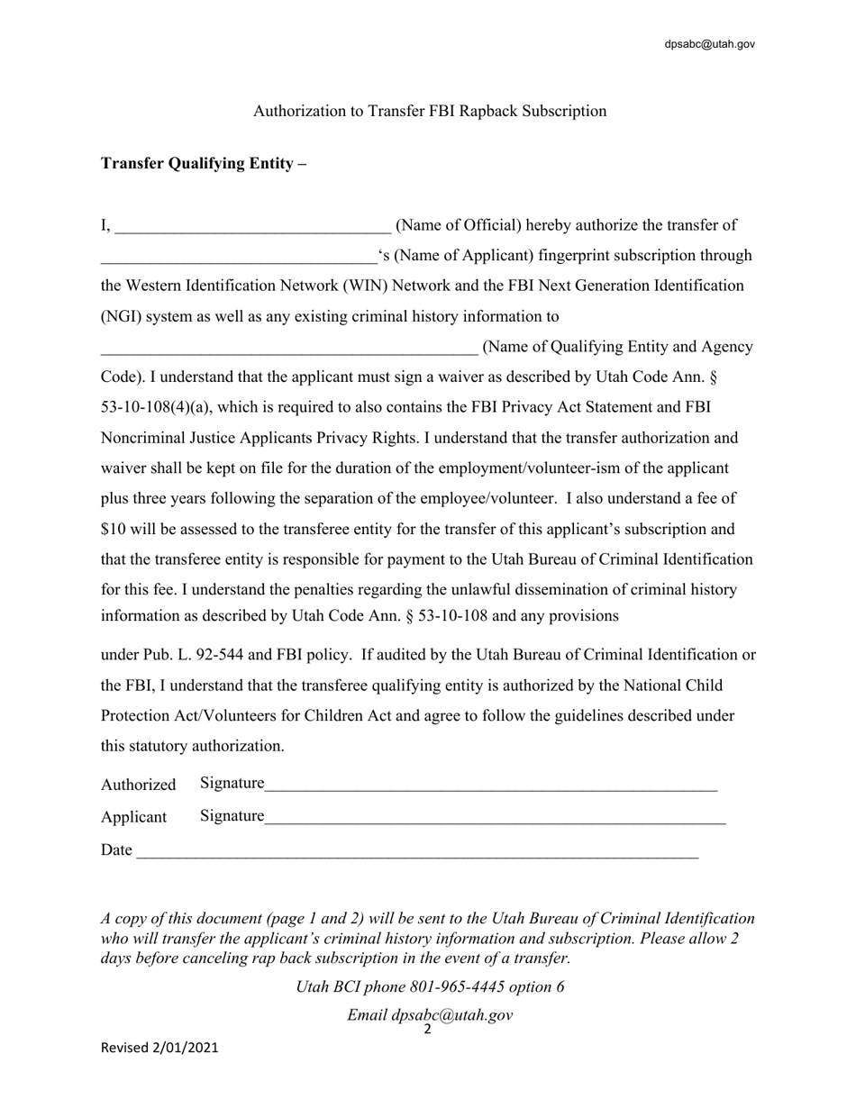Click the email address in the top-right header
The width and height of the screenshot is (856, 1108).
click(709, 44)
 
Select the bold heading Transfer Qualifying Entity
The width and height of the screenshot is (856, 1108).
click(204, 163)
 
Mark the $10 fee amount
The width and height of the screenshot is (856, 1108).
click(114, 529)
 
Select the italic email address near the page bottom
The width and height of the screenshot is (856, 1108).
click(452, 1014)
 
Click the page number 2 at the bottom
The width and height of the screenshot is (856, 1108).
click(427, 1030)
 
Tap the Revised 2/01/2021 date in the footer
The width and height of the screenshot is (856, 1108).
click(159, 1048)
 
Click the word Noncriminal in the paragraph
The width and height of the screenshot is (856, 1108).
click(144, 438)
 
